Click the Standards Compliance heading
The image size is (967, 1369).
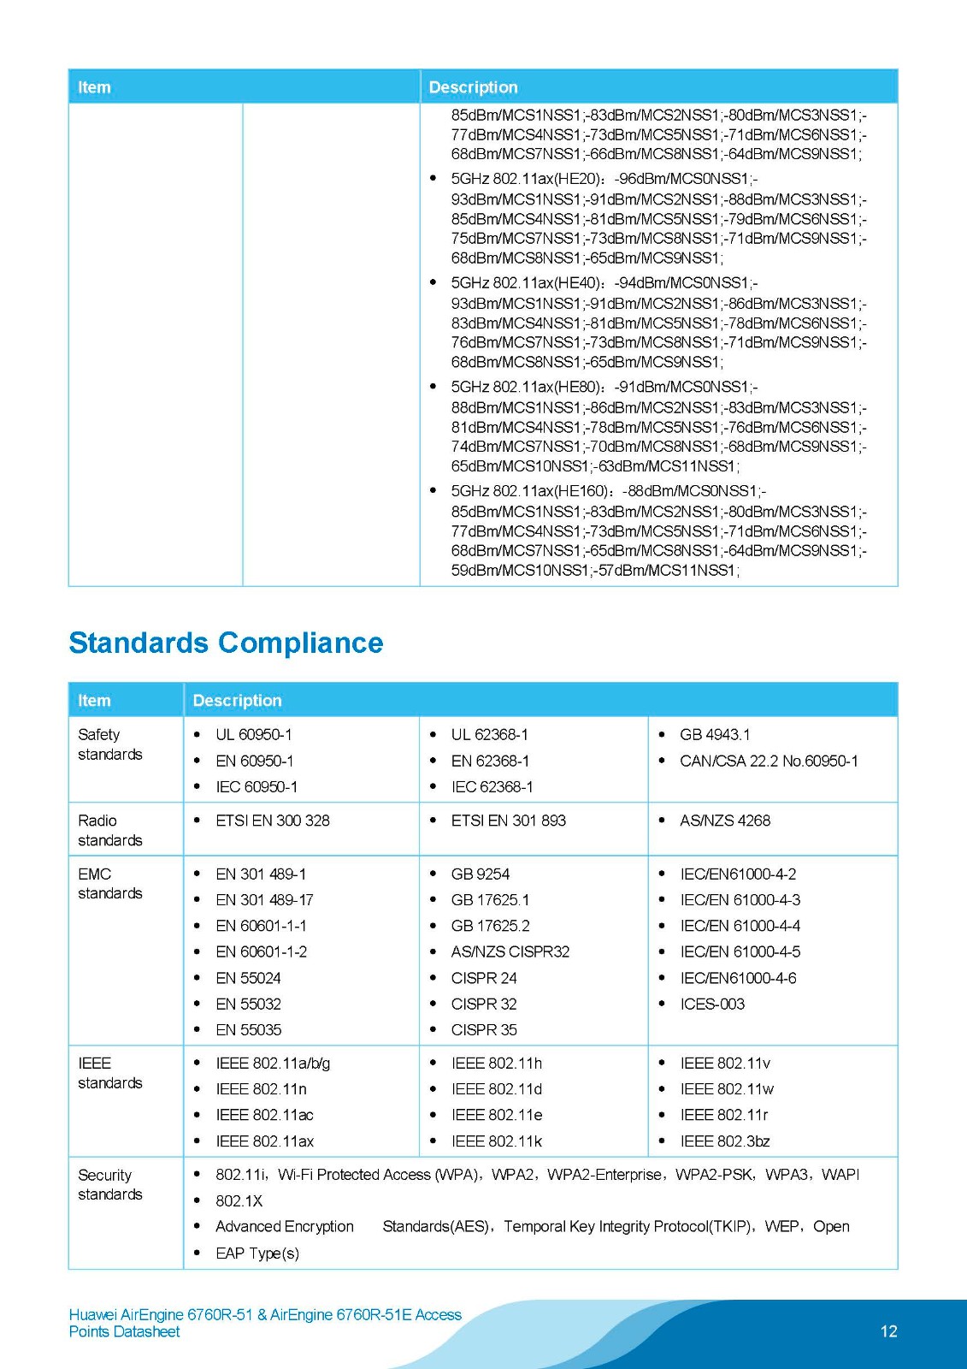[x=226, y=643]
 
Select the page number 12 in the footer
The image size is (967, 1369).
[x=888, y=1331]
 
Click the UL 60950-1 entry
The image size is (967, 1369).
[x=254, y=735]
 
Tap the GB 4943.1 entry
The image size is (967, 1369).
[x=715, y=735]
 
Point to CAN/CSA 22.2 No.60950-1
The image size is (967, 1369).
[x=769, y=761]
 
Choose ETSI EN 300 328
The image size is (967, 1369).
[x=273, y=821]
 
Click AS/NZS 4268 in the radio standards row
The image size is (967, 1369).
[x=725, y=821]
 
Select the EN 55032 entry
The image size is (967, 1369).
[x=248, y=1004]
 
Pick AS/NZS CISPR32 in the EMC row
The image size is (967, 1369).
[x=510, y=951]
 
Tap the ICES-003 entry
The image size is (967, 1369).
[x=712, y=1004]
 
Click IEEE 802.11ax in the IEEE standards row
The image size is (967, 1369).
[x=265, y=1141]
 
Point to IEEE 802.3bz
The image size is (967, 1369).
[x=725, y=1141]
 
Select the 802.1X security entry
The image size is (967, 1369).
[x=239, y=1200]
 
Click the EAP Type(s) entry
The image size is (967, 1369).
[x=257, y=1253]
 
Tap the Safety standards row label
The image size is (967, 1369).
[x=110, y=744]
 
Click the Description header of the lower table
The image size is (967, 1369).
[x=237, y=701]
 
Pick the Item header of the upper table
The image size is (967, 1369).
[x=94, y=87]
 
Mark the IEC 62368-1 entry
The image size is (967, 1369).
[x=492, y=787]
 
